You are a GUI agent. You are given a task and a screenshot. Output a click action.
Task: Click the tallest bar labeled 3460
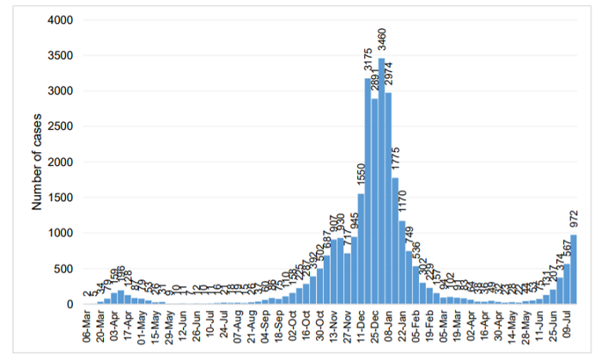[x=381, y=181]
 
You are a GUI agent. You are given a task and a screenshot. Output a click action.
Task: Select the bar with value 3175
[x=367, y=191]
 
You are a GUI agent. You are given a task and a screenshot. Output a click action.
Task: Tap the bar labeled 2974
[x=388, y=198]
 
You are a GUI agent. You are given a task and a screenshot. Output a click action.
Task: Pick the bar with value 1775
[x=395, y=241]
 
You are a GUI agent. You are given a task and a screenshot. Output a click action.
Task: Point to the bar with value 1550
[x=361, y=249]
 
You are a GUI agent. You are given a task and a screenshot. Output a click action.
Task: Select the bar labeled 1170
[x=402, y=263]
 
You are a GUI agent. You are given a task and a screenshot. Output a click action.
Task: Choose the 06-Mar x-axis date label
[x=87, y=326]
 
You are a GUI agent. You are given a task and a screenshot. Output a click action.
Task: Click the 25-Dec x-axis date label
[x=374, y=326]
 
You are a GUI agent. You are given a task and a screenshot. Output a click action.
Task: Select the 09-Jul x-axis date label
[x=568, y=326]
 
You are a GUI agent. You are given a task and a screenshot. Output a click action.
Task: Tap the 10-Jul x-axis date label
[x=210, y=326]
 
